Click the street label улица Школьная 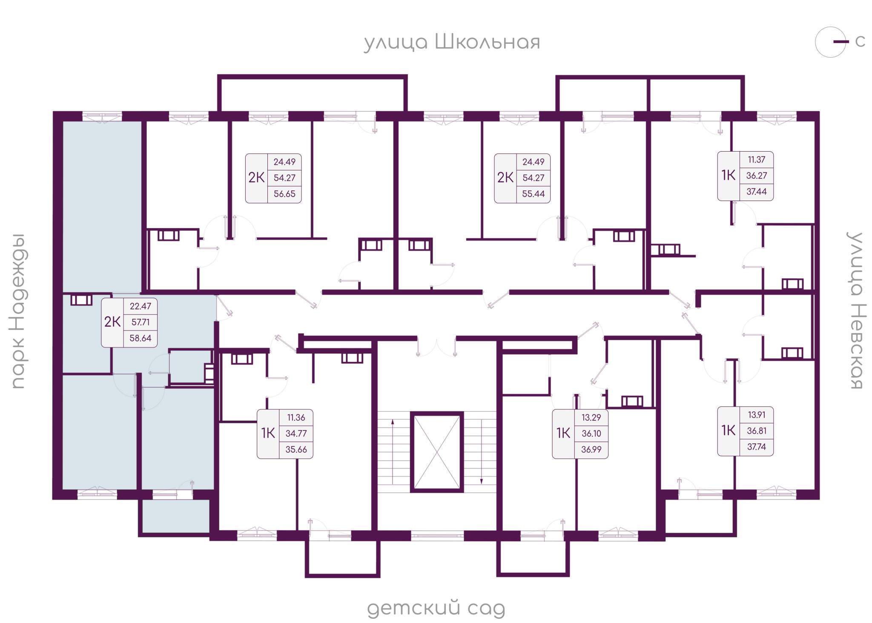[452, 43]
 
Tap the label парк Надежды [19, 311]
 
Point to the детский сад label [436, 608]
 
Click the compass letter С [860, 41]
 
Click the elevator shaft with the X [436, 452]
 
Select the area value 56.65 [284, 194]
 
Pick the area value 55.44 [533, 194]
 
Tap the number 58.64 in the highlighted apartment [141, 338]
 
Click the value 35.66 [296, 449]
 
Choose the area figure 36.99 [591, 449]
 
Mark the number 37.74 [757, 447]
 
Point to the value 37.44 [757, 192]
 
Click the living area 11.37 [757, 160]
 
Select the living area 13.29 [591, 417]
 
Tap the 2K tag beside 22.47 [112, 322]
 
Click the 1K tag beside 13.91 [729, 431]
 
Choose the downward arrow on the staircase [482, 452]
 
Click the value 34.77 [296, 434]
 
